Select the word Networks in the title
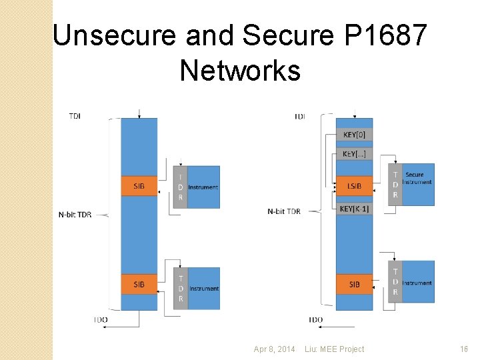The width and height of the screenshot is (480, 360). [x=240, y=70]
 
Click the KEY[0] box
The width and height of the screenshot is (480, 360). [x=354, y=135]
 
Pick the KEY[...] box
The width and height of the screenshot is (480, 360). [x=354, y=154]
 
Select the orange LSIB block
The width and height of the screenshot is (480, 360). [x=354, y=186]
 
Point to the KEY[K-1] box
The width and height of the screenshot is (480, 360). [x=354, y=209]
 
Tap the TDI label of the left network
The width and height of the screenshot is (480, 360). [x=76, y=116]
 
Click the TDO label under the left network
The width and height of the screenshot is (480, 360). [x=101, y=320]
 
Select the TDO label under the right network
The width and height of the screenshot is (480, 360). [x=316, y=320]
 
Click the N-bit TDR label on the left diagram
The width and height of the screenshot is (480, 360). [x=75, y=214]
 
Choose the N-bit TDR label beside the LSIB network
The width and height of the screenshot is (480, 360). [x=284, y=211]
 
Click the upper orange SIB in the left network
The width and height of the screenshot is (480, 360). [x=139, y=186]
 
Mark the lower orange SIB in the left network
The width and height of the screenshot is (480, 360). [x=139, y=285]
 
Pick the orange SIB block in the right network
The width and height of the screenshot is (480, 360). [x=354, y=285]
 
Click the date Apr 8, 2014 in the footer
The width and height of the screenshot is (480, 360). [x=274, y=349]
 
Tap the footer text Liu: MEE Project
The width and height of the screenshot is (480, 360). [x=334, y=349]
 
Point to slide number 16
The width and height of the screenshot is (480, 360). [x=464, y=349]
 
